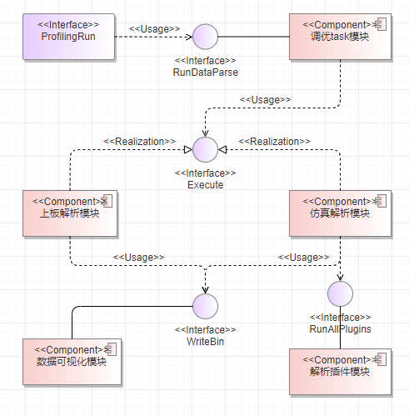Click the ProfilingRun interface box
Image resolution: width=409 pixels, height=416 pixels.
(x=68, y=37)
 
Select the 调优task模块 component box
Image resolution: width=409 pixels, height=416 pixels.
(x=340, y=37)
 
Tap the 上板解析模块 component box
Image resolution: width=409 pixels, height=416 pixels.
(x=70, y=213)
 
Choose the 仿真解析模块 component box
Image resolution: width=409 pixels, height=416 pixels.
(x=340, y=213)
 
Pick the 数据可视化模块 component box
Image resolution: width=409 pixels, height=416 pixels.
(x=72, y=362)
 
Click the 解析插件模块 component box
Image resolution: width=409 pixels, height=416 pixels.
(x=340, y=372)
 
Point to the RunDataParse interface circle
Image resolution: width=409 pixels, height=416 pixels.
(x=205, y=37)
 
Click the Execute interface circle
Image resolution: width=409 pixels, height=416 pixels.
(x=205, y=149)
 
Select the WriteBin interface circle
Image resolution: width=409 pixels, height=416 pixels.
(x=205, y=306)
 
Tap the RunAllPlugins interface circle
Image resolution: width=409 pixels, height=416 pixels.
(x=340, y=293)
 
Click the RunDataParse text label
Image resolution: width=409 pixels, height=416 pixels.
(x=206, y=73)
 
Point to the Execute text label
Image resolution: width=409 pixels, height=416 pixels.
(x=205, y=185)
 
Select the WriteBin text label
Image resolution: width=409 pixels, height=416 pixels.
(x=205, y=342)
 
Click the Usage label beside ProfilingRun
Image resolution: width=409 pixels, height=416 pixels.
(x=155, y=29)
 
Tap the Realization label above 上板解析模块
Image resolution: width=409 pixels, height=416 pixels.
(x=139, y=142)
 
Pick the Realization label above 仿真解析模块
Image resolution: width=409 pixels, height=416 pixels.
(x=274, y=142)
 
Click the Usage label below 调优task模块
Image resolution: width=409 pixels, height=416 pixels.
(x=265, y=100)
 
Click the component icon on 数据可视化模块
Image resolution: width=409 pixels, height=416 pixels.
(x=111, y=349)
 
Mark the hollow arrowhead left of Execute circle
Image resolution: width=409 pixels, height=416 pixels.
(x=188, y=149)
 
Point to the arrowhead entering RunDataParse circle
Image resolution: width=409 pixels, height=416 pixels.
(x=189, y=37)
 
